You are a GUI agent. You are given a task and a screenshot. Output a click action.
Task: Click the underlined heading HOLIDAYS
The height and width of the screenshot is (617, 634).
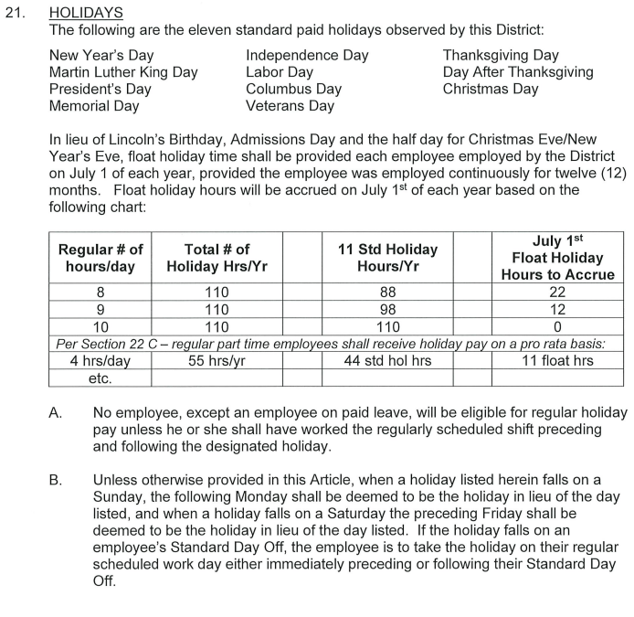[86, 15]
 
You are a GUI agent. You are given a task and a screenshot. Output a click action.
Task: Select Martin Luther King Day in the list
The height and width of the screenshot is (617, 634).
[123, 72]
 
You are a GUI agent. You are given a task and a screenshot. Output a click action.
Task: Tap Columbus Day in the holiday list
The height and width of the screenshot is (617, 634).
[293, 90]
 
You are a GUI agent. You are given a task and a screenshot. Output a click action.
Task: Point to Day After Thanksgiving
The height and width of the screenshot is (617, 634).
[518, 72]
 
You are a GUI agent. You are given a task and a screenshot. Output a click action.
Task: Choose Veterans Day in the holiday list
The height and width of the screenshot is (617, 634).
[290, 106]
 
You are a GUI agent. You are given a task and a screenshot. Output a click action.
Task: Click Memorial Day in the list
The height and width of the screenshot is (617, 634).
[94, 106]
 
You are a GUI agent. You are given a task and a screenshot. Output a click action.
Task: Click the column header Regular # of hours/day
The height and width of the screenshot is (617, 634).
[100, 258]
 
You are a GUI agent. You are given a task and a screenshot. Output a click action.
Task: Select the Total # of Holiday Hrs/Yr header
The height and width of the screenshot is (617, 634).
[217, 258]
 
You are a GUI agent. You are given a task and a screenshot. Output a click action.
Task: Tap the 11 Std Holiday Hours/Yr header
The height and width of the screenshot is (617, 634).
[388, 258]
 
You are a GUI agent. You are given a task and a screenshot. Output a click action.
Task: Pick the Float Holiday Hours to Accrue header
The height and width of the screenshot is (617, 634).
[557, 258]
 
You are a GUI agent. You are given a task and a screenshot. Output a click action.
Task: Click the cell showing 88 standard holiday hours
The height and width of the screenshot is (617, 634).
[388, 293]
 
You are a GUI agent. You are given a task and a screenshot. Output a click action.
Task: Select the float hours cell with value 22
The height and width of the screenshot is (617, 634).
[557, 293]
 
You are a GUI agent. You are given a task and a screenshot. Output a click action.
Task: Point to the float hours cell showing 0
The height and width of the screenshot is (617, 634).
[557, 326]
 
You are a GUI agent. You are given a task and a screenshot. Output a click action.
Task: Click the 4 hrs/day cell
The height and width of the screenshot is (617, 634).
[100, 360]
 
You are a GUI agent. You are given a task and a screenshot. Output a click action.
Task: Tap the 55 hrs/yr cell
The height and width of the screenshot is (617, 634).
[217, 360]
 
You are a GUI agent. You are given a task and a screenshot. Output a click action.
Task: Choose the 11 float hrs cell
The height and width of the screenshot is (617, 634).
[557, 360]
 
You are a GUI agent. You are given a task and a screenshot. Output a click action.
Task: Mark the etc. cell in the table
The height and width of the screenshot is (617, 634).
[100, 378]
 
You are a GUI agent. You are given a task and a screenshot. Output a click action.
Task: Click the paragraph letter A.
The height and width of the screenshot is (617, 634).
[56, 413]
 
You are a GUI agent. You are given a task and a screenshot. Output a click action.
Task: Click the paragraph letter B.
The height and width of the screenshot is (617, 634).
[56, 479]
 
